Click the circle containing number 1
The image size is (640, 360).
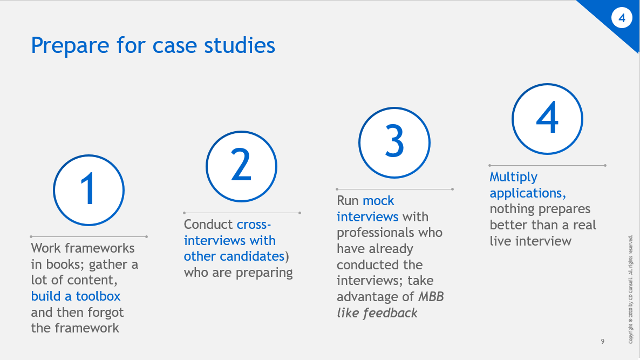[x=88, y=190]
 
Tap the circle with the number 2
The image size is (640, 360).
[x=242, y=166]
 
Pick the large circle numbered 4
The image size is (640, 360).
[x=547, y=119]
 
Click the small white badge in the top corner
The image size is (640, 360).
[x=622, y=18]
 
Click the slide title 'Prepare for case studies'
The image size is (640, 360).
[x=153, y=45]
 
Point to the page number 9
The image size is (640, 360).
[x=603, y=342]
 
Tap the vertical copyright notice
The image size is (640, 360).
[x=631, y=289]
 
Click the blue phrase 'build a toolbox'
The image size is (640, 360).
[x=76, y=296]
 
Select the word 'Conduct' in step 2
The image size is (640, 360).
[x=208, y=225]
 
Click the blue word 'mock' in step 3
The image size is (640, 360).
[x=378, y=201]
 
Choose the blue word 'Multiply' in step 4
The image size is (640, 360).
[x=513, y=177]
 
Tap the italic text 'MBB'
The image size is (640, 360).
[x=431, y=297]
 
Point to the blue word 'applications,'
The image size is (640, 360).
[x=528, y=193]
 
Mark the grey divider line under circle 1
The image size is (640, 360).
[x=88, y=236]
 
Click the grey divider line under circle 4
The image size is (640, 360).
[x=547, y=165]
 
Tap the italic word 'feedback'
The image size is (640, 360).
[x=387, y=313]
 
